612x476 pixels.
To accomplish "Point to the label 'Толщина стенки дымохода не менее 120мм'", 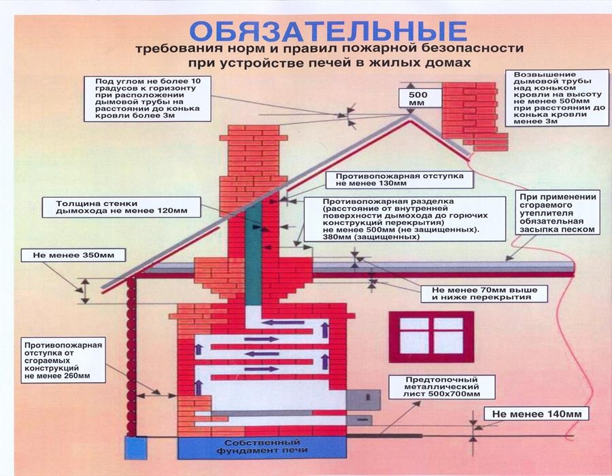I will click(x=118, y=207).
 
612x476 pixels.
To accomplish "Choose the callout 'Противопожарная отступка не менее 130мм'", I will click(x=398, y=179).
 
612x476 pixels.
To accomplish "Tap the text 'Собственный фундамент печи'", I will click(x=262, y=447).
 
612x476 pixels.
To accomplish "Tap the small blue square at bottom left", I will click(x=137, y=448).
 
